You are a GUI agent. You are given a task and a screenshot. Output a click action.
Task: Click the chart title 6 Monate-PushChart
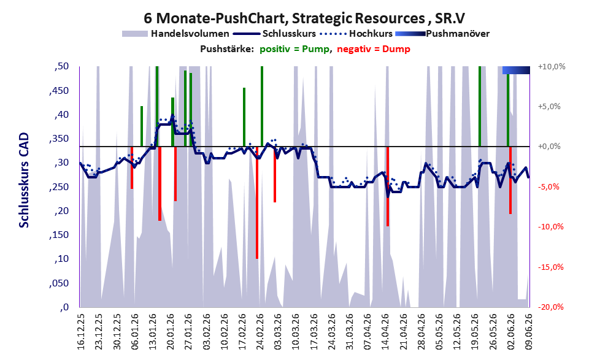coord(215,18)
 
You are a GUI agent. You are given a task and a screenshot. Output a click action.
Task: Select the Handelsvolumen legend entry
coord(175,34)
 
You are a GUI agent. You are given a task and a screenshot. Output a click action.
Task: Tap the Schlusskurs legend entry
coord(274,34)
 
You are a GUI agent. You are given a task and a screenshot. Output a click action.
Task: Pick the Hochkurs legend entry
coord(356,34)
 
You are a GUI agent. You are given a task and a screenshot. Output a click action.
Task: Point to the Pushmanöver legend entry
coord(442,34)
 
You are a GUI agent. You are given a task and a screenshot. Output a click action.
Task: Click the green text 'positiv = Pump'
coord(294,49)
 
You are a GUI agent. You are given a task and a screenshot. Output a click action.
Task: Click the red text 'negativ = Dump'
coord(374,49)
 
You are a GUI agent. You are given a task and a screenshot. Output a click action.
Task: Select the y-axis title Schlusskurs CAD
coord(24,180)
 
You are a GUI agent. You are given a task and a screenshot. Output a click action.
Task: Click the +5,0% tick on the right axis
coord(549,107)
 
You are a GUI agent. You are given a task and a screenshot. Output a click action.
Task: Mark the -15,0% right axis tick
coord(550,267)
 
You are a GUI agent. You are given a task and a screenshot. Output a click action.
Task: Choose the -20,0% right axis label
coord(550,307)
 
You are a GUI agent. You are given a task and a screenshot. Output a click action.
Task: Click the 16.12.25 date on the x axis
coord(81,332)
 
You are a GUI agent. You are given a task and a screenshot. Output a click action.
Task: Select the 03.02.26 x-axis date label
coord(206,332)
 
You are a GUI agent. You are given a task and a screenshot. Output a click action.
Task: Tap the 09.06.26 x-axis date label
coord(529,332)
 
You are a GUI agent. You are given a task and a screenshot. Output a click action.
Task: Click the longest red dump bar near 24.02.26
coord(257,202)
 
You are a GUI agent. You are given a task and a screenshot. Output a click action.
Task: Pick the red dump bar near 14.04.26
coord(387,186)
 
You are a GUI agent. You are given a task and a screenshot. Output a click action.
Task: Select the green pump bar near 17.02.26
coord(244,117)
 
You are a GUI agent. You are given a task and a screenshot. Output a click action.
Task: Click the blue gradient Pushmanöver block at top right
coord(516,70)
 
